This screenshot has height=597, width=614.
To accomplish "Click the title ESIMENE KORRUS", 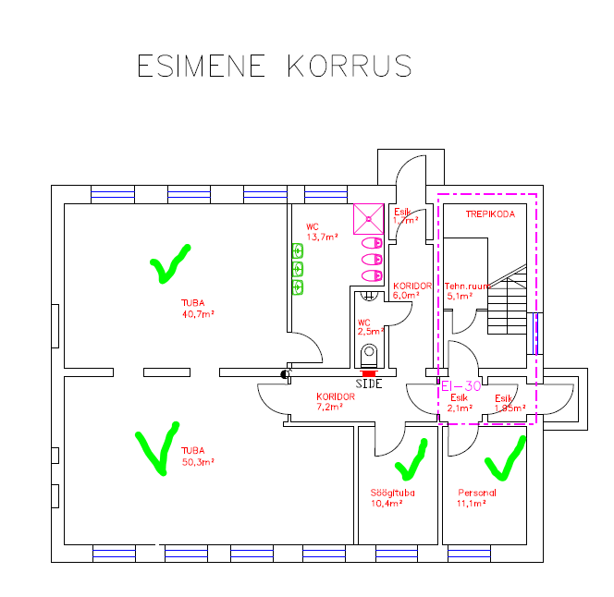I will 274,67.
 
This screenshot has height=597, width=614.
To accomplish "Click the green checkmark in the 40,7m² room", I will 168,264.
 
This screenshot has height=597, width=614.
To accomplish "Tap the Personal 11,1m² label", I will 477,498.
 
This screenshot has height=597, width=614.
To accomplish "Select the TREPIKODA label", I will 490,213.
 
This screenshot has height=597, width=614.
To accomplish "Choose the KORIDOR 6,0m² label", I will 411,290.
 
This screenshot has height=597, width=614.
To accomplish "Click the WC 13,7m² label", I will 321,231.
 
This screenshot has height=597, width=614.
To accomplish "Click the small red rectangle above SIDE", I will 369,372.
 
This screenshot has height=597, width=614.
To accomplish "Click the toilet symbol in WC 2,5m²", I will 370,353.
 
